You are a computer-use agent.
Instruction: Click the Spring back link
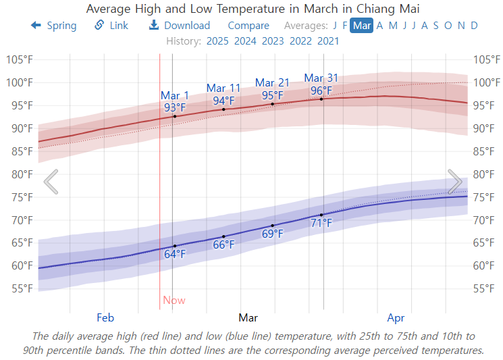54,26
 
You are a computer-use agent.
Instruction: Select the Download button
179,26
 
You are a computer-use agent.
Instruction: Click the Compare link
248,26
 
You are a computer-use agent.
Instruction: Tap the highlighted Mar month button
362,26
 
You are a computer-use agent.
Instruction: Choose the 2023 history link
273,41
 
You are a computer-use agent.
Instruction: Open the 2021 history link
328,41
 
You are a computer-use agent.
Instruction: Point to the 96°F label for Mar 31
321,91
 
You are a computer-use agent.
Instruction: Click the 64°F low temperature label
175,254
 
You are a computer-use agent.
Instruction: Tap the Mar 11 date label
223,88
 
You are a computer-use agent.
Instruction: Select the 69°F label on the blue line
273,234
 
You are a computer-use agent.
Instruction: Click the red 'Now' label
174,301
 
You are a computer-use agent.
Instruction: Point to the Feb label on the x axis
105,317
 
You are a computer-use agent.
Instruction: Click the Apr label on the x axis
396,317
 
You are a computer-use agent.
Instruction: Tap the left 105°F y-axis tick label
20,59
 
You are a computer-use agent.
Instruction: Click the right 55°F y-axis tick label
487,288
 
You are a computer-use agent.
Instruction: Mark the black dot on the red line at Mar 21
273,103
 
